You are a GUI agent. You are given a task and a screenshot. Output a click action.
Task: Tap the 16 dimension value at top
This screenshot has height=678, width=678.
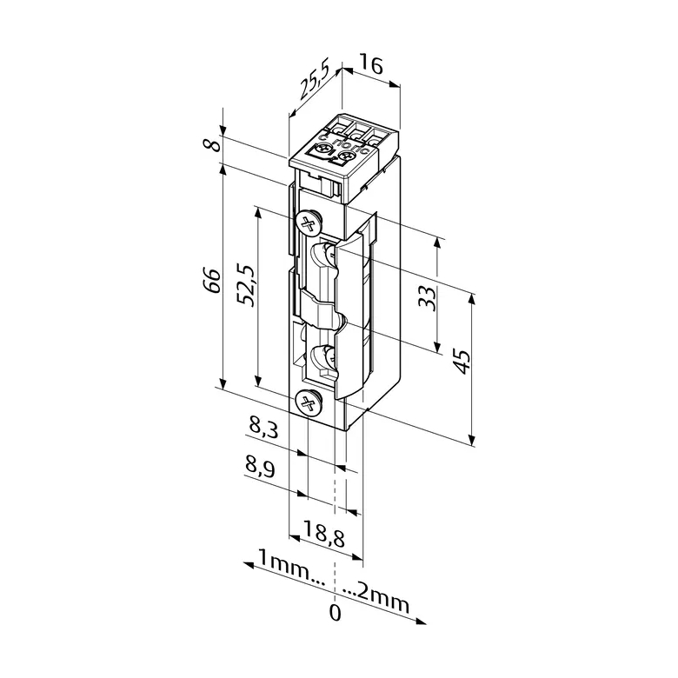tap(371, 65)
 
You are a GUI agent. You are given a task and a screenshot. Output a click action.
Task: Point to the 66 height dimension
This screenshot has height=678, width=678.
tap(212, 281)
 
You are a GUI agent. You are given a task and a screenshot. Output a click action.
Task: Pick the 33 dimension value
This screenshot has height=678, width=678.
tap(427, 298)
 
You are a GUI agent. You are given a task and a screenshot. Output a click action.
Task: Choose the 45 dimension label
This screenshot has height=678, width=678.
tap(461, 362)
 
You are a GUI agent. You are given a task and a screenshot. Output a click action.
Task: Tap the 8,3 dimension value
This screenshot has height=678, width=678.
tap(263, 427)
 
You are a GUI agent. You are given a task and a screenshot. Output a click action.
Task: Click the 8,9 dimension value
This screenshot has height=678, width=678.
tap(260, 468)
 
